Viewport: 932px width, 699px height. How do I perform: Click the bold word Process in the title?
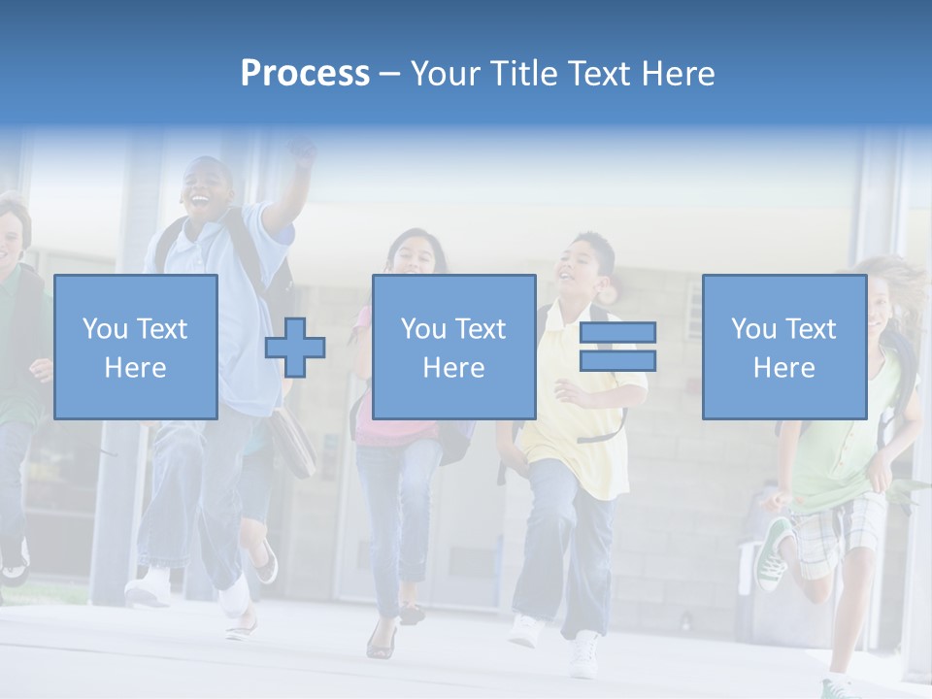[305, 73]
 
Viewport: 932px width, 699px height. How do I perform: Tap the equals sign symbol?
[617, 347]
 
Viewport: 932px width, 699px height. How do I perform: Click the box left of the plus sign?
[135, 347]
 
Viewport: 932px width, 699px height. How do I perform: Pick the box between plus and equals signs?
[453, 347]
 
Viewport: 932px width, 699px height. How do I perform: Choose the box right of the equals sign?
[783, 347]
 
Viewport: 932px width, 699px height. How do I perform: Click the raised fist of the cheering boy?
[303, 152]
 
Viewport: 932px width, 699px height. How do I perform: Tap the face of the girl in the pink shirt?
[416, 254]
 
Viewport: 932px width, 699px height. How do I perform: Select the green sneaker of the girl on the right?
[774, 553]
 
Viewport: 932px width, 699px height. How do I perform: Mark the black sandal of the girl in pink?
[381, 641]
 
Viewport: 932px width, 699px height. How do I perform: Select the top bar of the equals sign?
[617, 332]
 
